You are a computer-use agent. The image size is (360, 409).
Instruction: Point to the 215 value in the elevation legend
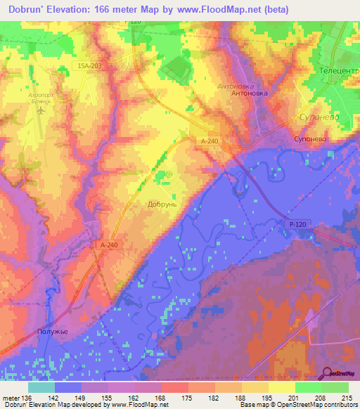(346, 398)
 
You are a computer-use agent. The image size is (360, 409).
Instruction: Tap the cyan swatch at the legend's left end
(41, 387)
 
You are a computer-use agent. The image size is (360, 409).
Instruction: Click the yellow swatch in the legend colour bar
(281, 387)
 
